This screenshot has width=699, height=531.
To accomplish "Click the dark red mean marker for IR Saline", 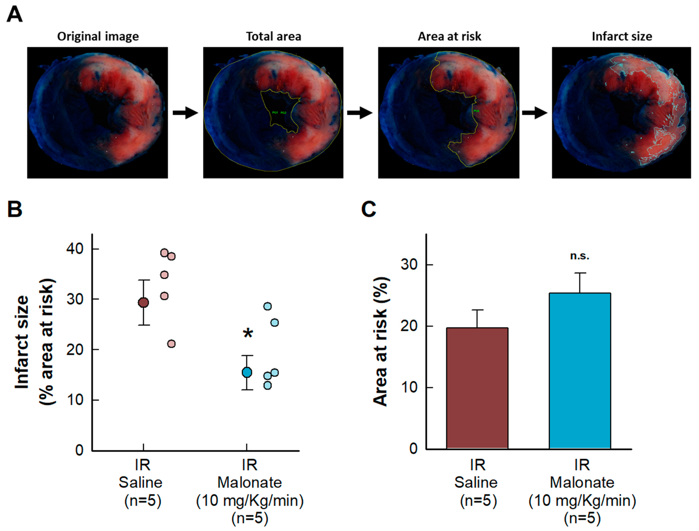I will pyautogui.click(x=143, y=302).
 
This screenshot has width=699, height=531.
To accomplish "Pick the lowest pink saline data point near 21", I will pyautogui.click(x=171, y=344).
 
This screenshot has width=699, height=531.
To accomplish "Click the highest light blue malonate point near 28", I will pyautogui.click(x=267, y=306).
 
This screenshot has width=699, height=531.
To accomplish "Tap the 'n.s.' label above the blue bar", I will pyautogui.click(x=580, y=256).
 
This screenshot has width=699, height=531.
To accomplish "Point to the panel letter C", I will pyautogui.click(x=369, y=209).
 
